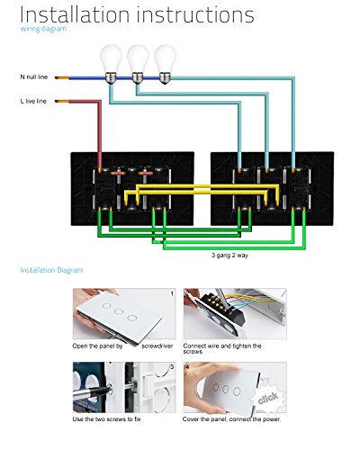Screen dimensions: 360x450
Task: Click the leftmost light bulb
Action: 111,64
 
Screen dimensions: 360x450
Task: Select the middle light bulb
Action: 138,64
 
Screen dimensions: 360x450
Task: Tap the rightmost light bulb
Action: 165,64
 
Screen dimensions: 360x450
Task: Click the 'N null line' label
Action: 34,77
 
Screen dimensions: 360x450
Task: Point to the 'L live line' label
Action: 33,102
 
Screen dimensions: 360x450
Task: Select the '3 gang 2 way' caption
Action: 229,256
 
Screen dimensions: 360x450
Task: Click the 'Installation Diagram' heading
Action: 51,270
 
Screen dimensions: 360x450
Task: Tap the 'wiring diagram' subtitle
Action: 43,29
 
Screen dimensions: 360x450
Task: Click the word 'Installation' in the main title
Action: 75,14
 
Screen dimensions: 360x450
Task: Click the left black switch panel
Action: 132,189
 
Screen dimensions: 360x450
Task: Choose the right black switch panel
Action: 272,189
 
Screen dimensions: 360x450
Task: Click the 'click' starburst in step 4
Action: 268,398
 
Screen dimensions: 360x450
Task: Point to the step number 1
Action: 172,293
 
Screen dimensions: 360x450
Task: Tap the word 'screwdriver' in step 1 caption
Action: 157,346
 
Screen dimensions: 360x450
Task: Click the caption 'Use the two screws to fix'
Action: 106,419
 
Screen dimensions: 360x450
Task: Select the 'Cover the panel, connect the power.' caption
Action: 232,419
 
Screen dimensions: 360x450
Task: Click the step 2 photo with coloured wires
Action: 235,314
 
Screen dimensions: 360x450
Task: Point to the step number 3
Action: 172,367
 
